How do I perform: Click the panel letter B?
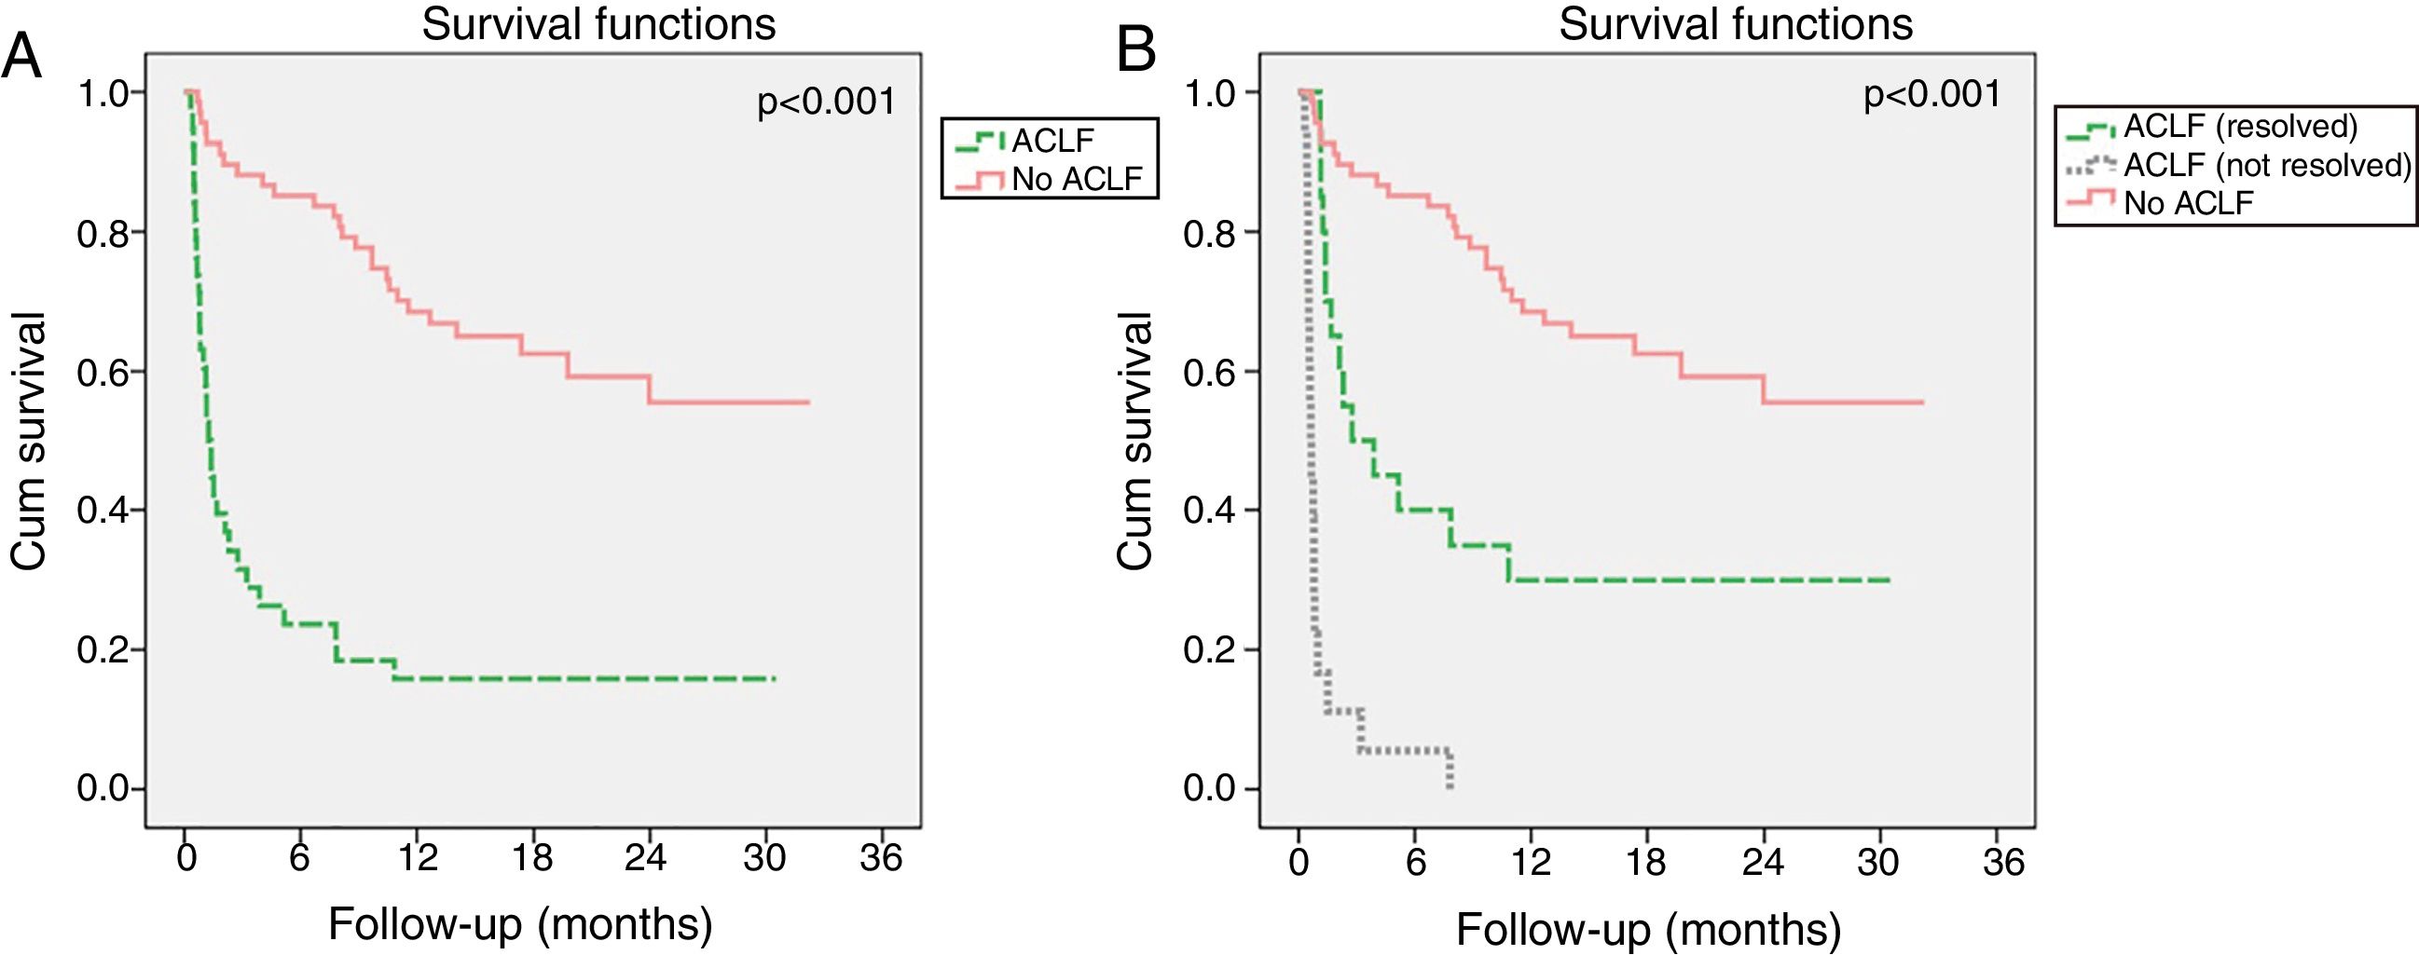[1136, 52]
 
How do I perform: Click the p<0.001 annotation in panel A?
[826, 102]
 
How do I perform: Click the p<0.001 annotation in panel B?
[1932, 94]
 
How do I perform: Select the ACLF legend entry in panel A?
[1051, 141]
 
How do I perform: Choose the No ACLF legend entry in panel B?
[2188, 203]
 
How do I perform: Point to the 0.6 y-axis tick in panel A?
[103, 372]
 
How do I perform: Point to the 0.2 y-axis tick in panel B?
[1210, 649]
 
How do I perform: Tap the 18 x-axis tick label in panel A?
[532, 857]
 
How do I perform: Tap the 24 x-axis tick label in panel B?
[1763, 860]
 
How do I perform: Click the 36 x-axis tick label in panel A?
[881, 857]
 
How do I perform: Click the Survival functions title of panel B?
[1736, 24]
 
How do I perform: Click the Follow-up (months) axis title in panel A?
[520, 924]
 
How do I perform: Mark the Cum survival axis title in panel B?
[1134, 442]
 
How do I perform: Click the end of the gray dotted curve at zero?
[1450, 787]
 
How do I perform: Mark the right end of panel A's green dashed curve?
[774, 678]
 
